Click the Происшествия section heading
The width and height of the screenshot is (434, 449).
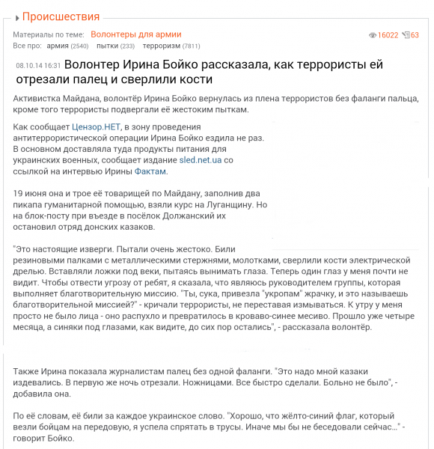(x=61, y=16)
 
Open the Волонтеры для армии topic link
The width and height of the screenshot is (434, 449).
(x=135, y=34)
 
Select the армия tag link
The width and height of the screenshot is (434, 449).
(x=58, y=46)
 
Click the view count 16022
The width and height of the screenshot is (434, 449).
(x=388, y=35)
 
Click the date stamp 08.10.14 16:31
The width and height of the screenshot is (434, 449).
(x=37, y=66)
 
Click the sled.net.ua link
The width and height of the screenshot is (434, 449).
(x=201, y=160)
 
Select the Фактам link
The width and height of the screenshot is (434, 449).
(x=150, y=171)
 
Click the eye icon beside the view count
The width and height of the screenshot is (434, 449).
(x=373, y=35)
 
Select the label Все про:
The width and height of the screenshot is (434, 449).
(x=28, y=46)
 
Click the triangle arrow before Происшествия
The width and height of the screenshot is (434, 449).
(x=16, y=17)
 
